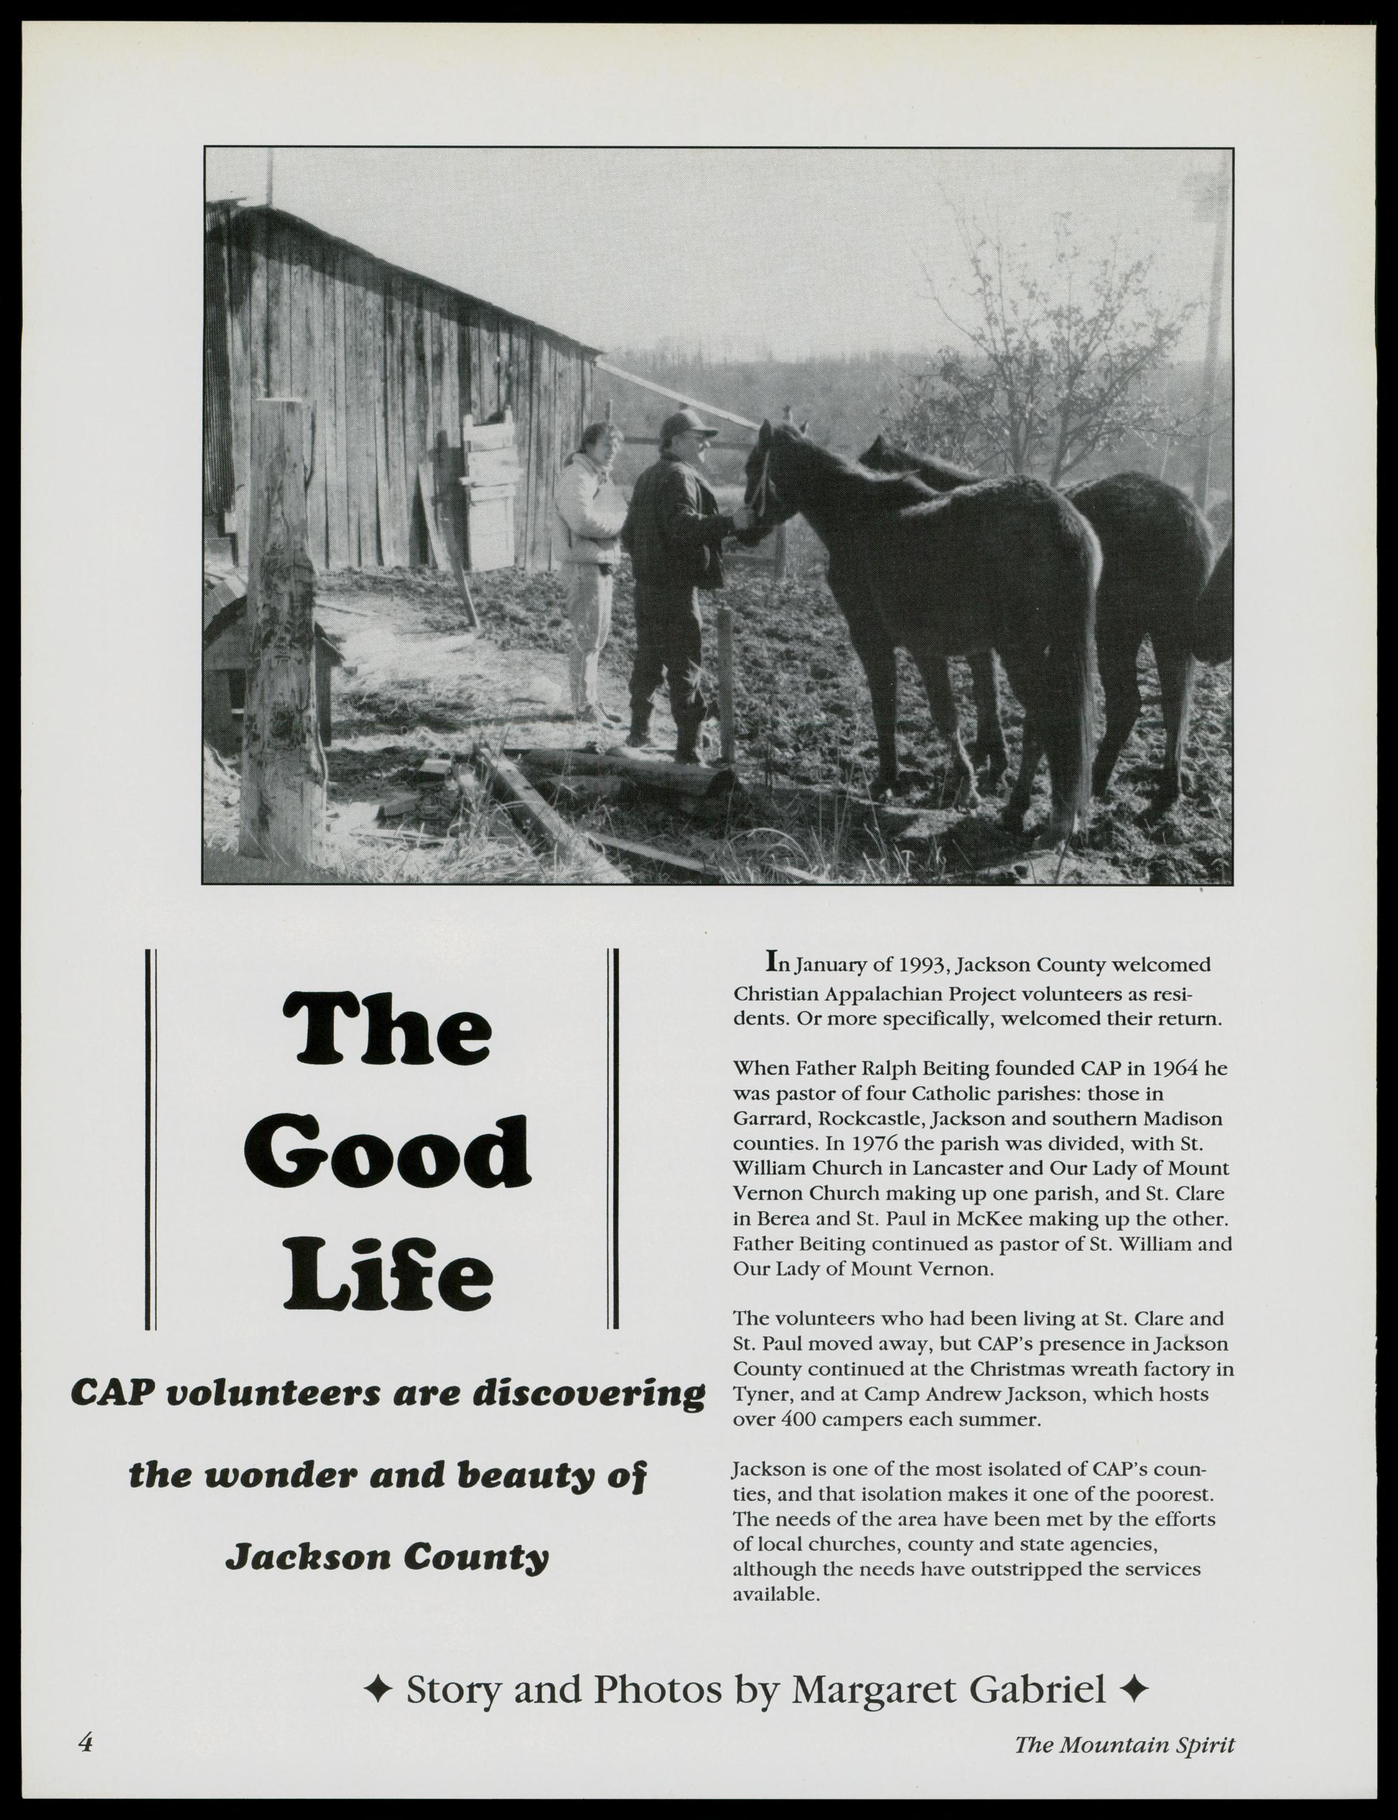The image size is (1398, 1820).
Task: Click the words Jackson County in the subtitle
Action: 388,1556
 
